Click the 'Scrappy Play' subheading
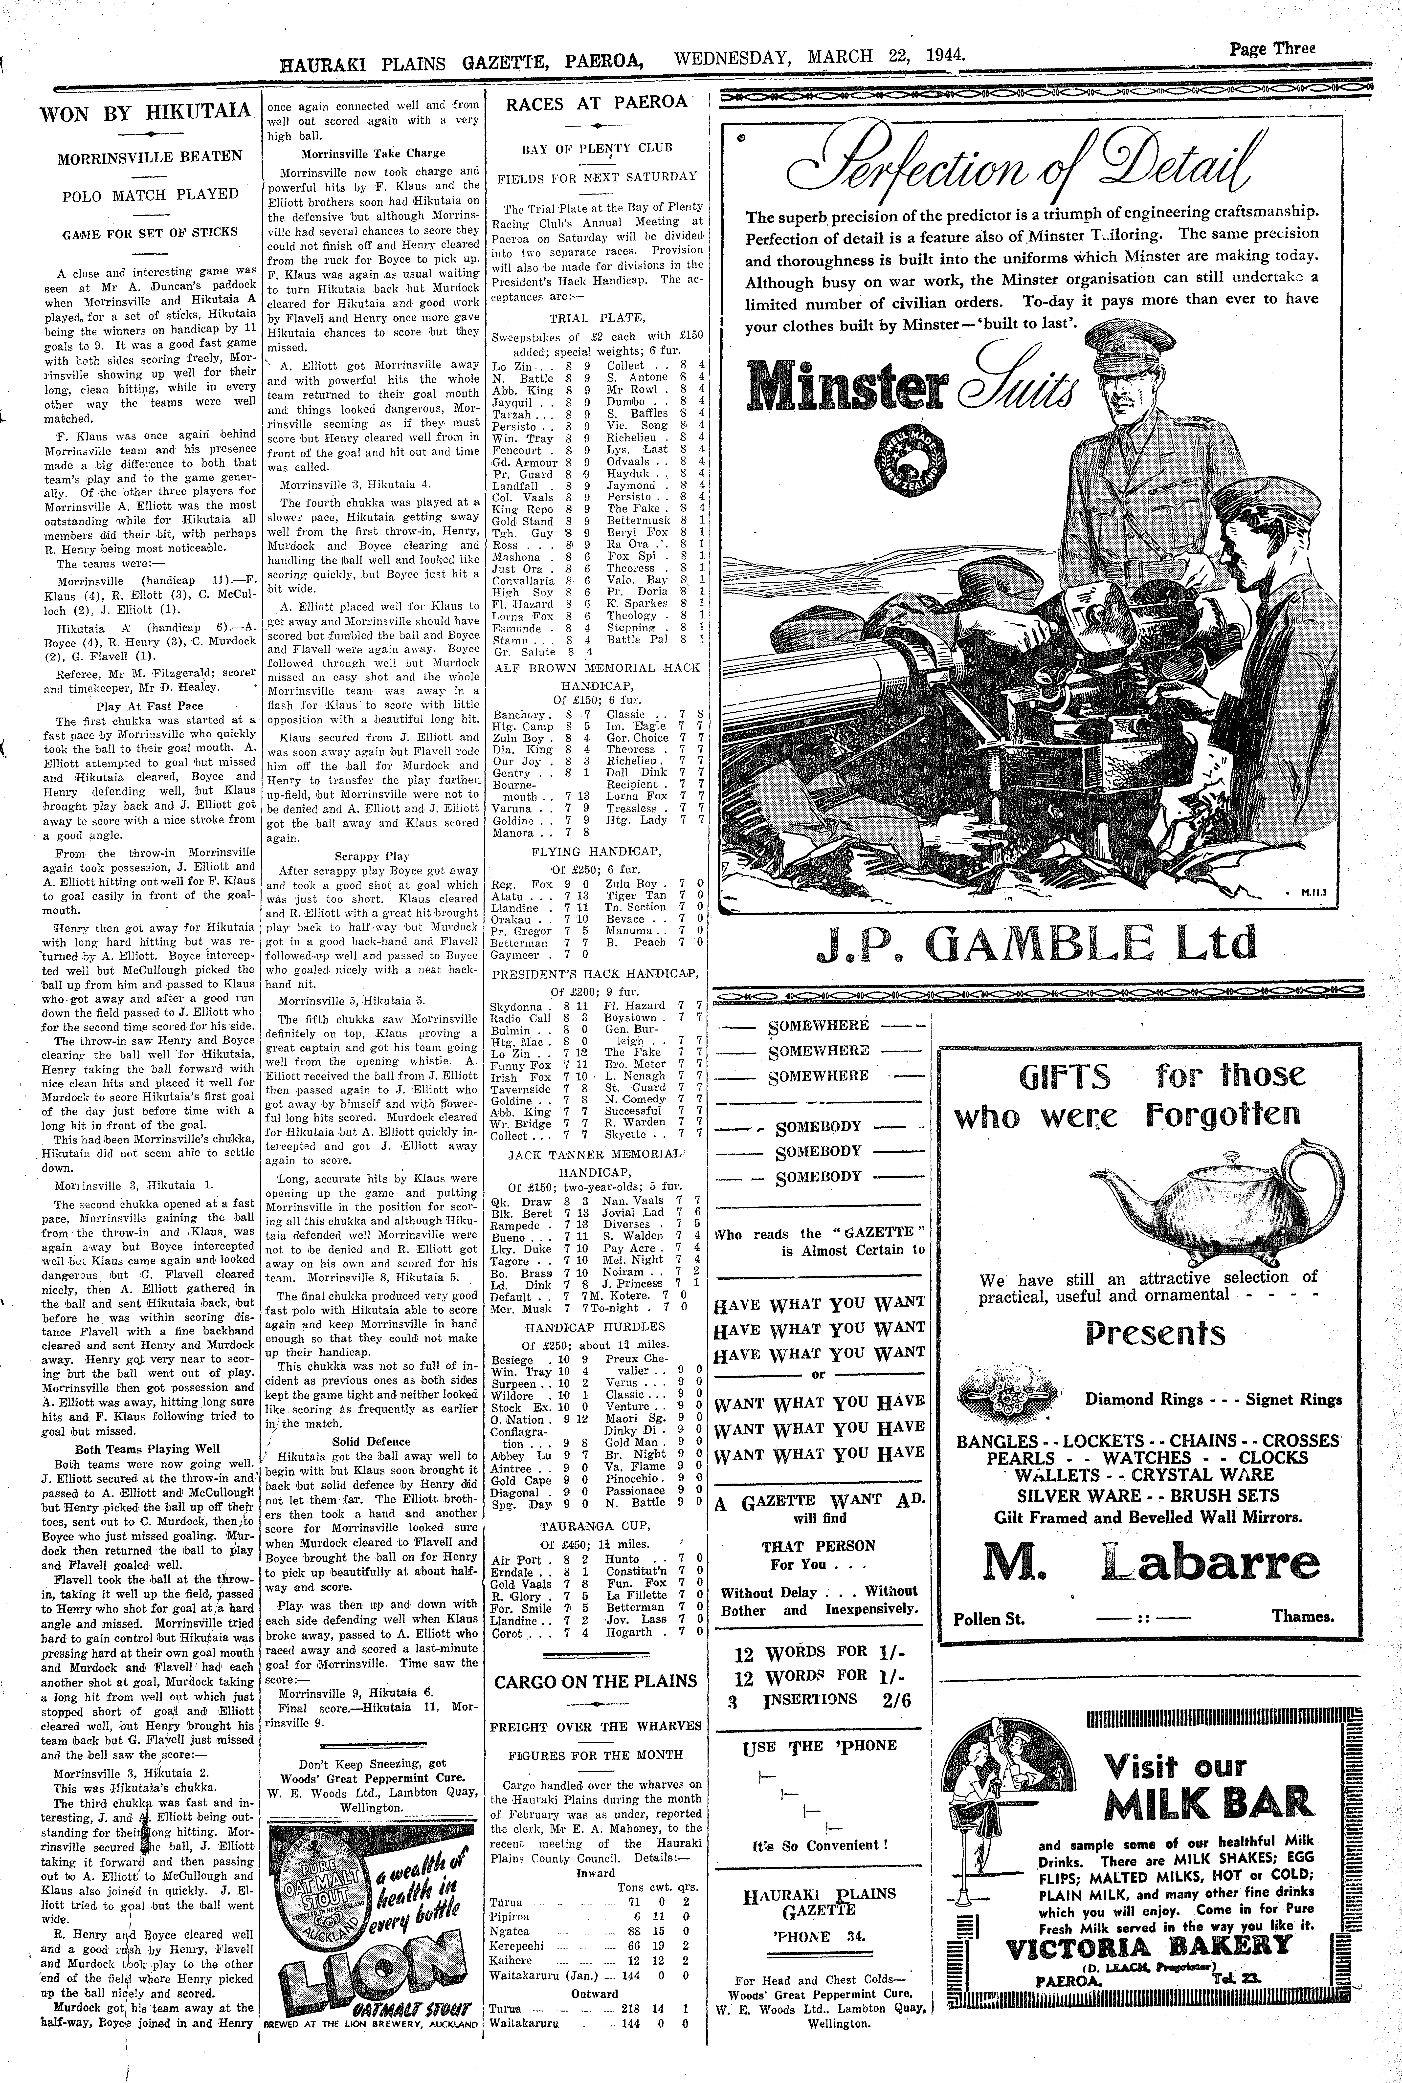[372, 855]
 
